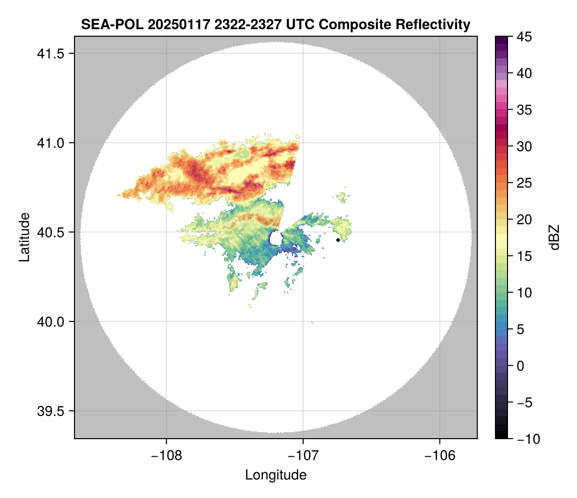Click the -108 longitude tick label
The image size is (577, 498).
pos(166,455)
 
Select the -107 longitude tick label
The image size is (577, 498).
pos(303,455)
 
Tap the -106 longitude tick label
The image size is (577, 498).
pos(440,455)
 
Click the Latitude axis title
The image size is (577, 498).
pos(24,237)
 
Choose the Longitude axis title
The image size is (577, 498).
pos(275,475)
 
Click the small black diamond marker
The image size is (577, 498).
pos(338,240)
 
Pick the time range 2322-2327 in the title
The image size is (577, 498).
pos(230,25)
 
